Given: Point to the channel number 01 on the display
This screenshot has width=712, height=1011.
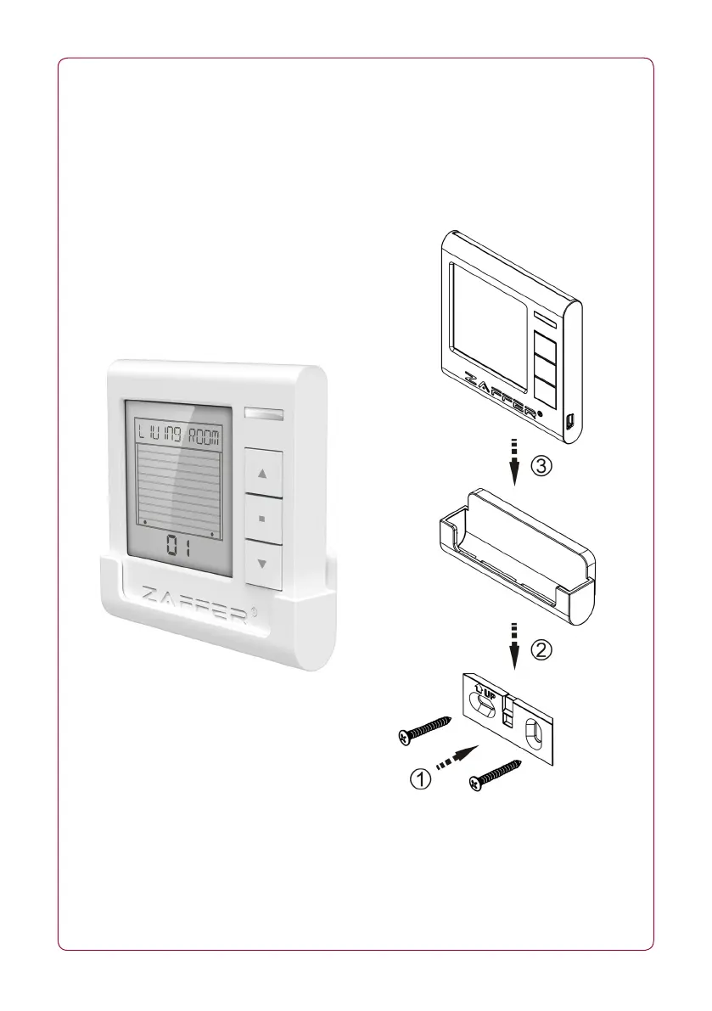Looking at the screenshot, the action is pyautogui.click(x=178, y=548).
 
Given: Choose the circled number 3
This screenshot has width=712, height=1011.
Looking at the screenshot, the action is pyautogui.click(x=544, y=465).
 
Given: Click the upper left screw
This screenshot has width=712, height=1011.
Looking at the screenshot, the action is pyautogui.click(x=424, y=727).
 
